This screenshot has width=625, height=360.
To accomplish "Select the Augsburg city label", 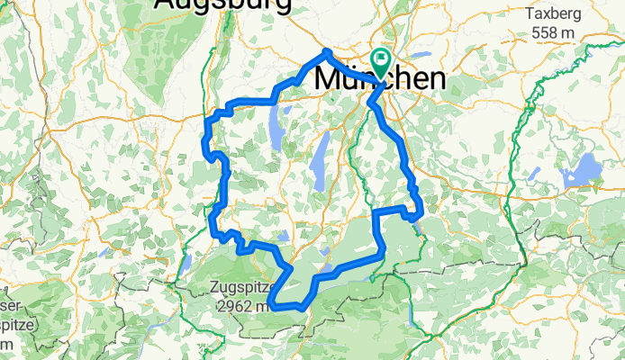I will click(222, 5).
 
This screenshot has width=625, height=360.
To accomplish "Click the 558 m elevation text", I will click(553, 32).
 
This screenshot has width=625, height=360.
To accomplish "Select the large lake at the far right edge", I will click(582, 169).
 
